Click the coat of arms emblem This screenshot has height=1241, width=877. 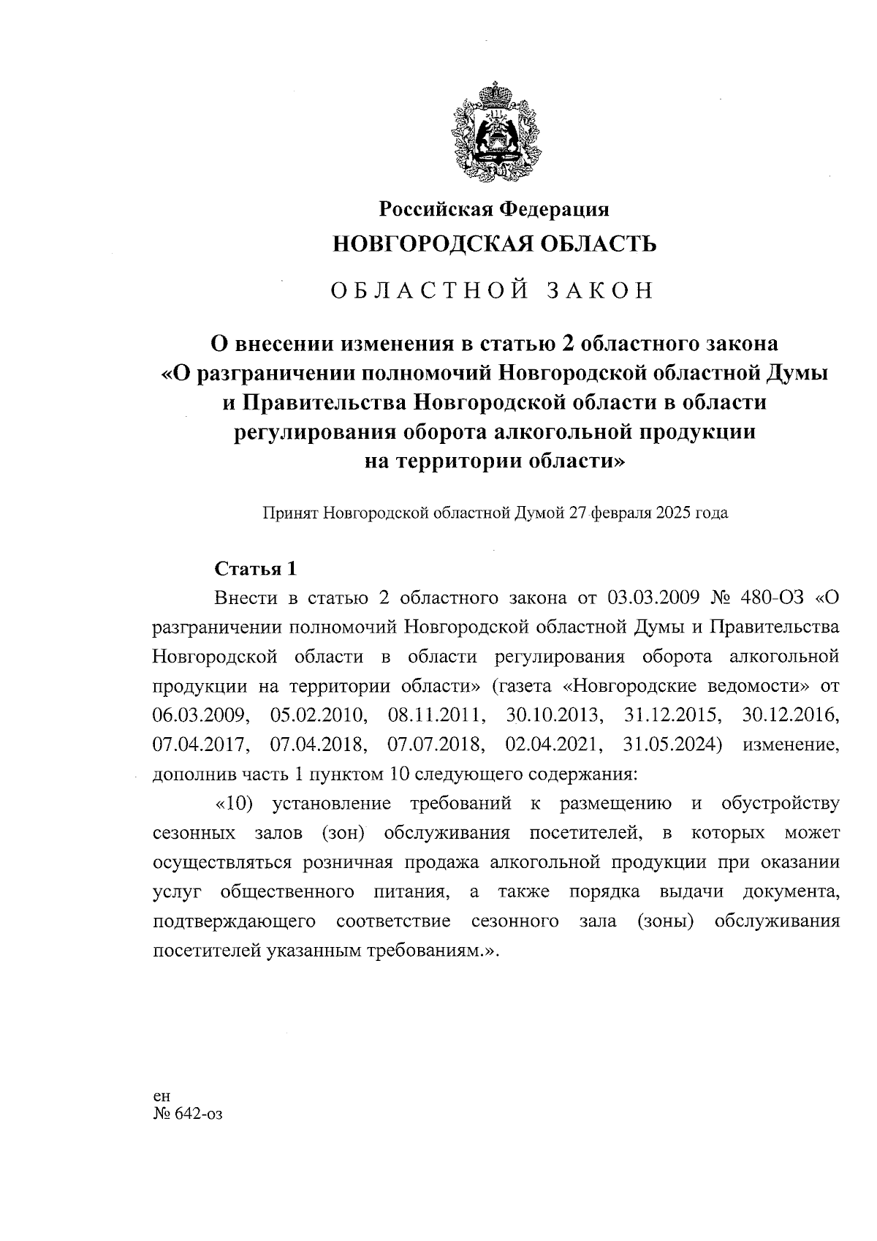tap(493, 135)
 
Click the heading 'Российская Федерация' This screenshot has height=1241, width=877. tap(493, 209)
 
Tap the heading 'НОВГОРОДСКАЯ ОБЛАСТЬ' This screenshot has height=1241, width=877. tap(494, 244)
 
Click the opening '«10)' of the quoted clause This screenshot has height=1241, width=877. tap(234, 804)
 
